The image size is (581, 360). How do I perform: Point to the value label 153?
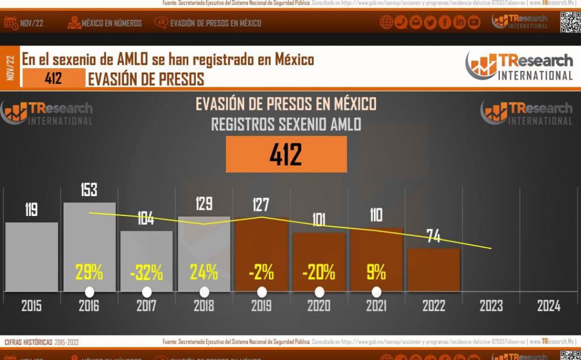[x=89, y=190]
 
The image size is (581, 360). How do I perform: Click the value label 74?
[x=433, y=236]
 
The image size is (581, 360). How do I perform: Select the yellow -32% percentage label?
[x=146, y=273]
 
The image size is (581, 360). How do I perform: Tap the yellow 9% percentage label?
[x=376, y=273]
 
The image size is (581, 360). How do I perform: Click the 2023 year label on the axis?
[x=491, y=306]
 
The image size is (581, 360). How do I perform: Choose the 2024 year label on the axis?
[x=549, y=306]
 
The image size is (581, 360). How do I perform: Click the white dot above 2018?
[x=204, y=292]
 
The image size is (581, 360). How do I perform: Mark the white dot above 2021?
[x=376, y=292]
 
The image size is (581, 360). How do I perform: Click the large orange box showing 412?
[x=286, y=154]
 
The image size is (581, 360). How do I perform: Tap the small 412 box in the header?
[x=53, y=78]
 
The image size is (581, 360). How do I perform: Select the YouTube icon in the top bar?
[x=474, y=23]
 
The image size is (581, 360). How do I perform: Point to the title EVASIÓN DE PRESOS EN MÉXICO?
[x=286, y=104]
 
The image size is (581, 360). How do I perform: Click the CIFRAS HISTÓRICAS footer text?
[x=28, y=342]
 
